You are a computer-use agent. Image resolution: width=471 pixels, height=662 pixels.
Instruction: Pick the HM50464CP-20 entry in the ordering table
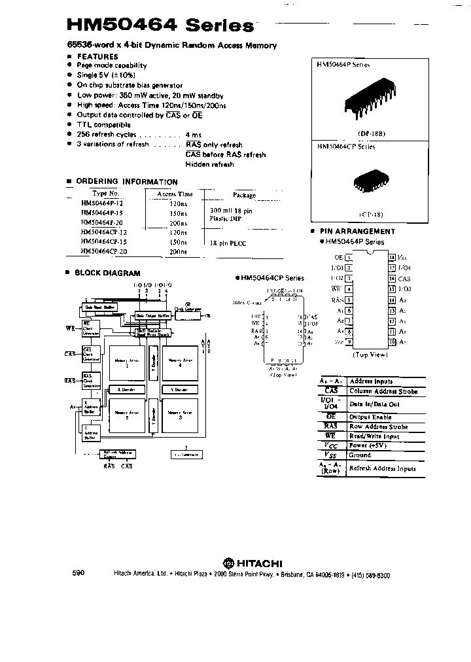(x=105, y=251)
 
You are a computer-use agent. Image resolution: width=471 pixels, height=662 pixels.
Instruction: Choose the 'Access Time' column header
(x=175, y=194)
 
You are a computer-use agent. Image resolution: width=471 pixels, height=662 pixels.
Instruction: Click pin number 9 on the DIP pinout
(x=350, y=342)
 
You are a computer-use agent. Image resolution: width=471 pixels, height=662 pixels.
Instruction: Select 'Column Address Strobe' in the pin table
(x=383, y=391)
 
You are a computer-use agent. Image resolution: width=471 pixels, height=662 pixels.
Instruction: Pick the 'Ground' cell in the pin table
(x=360, y=455)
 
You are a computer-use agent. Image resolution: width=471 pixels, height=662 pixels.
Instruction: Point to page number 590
(x=78, y=573)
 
